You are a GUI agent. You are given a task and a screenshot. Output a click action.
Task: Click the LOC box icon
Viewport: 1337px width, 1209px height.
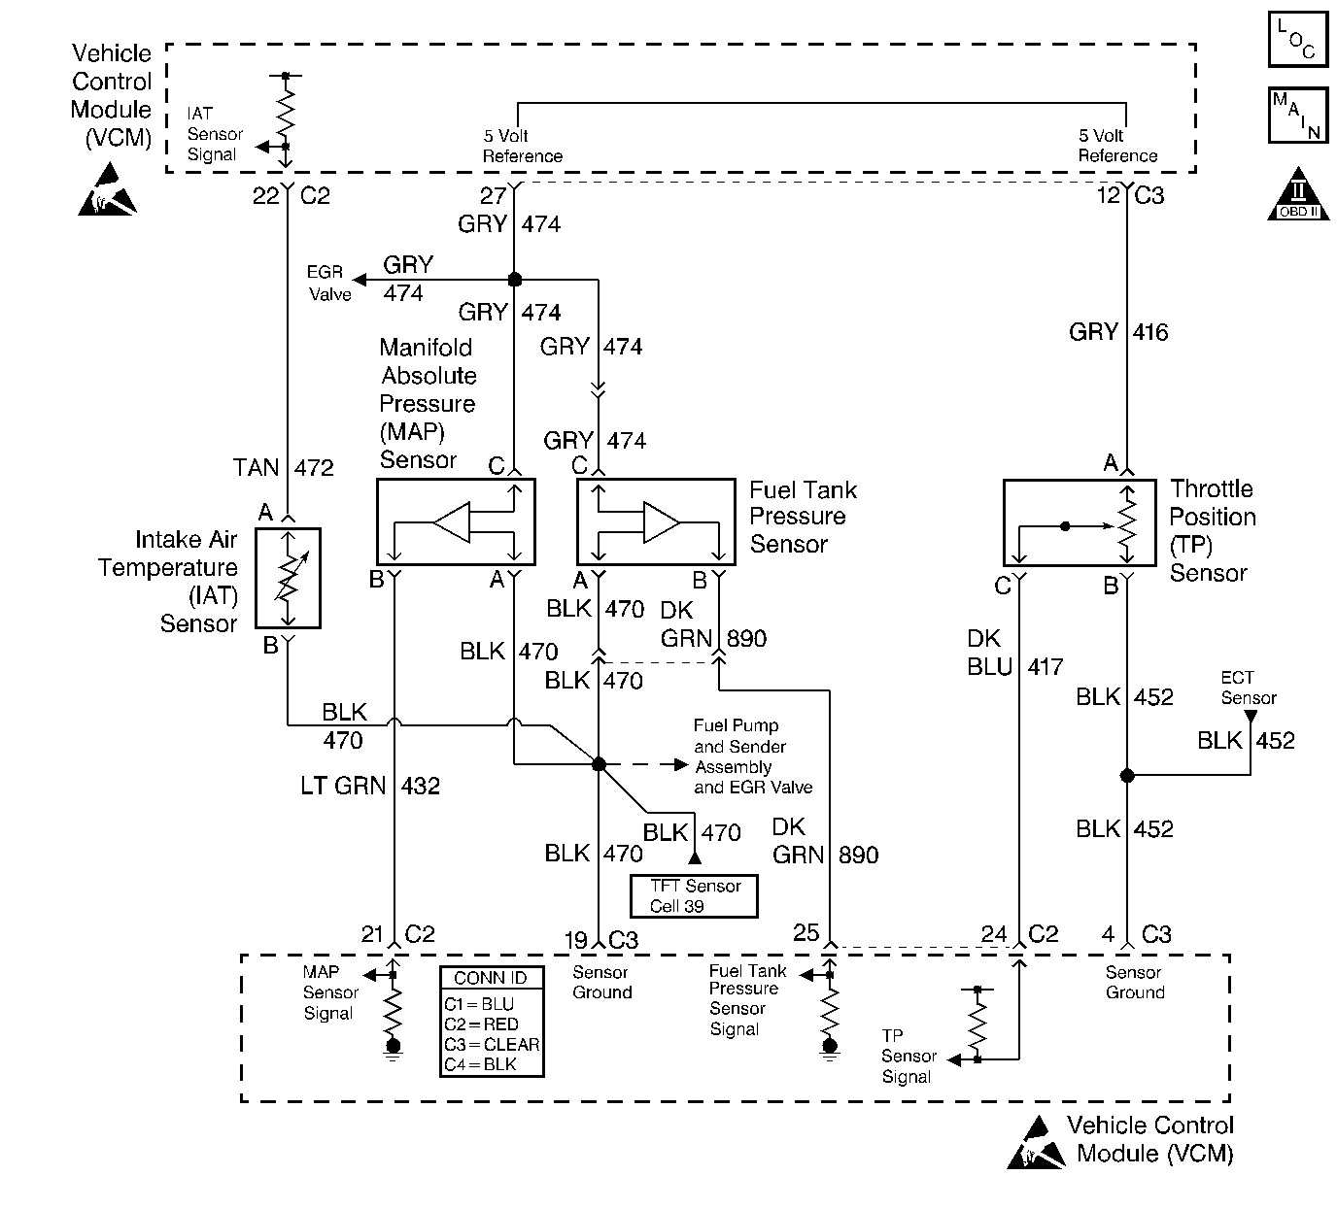click(1298, 40)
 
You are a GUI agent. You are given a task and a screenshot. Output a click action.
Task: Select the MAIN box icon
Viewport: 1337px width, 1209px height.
click(1298, 116)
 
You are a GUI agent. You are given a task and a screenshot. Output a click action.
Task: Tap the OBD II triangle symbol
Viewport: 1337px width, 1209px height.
click(1299, 195)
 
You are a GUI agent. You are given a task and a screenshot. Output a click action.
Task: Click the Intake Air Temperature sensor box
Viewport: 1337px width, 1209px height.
click(288, 578)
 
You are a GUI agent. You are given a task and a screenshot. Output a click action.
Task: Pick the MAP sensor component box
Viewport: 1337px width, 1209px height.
click(455, 521)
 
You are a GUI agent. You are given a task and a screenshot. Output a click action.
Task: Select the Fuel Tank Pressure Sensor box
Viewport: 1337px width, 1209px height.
click(656, 521)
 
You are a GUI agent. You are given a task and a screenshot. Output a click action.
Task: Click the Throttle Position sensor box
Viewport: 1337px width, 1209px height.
click(1078, 522)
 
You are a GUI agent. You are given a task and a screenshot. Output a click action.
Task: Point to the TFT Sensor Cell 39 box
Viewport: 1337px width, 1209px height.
click(694, 896)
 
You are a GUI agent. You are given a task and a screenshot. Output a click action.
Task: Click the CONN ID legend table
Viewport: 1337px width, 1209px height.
click(491, 1021)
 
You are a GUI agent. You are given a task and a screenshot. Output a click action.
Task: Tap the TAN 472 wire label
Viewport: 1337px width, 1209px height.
click(283, 468)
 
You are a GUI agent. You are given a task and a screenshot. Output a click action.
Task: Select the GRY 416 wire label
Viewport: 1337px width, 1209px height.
click(1118, 332)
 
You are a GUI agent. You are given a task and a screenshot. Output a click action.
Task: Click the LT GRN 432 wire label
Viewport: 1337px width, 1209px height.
click(370, 786)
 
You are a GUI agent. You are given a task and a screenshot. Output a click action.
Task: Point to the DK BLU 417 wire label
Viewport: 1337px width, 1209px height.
click(1015, 653)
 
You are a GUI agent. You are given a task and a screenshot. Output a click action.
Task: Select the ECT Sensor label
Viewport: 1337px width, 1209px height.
click(1249, 688)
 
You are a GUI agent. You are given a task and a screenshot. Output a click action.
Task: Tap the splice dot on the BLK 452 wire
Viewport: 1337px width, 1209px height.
click(1127, 775)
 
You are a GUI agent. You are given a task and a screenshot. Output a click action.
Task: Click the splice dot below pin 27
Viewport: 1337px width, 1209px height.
click(515, 280)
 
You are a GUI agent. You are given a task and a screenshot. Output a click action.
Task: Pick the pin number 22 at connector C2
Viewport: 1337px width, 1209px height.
click(265, 196)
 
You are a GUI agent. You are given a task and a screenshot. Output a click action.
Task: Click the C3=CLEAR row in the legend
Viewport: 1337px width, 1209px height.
click(491, 1044)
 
